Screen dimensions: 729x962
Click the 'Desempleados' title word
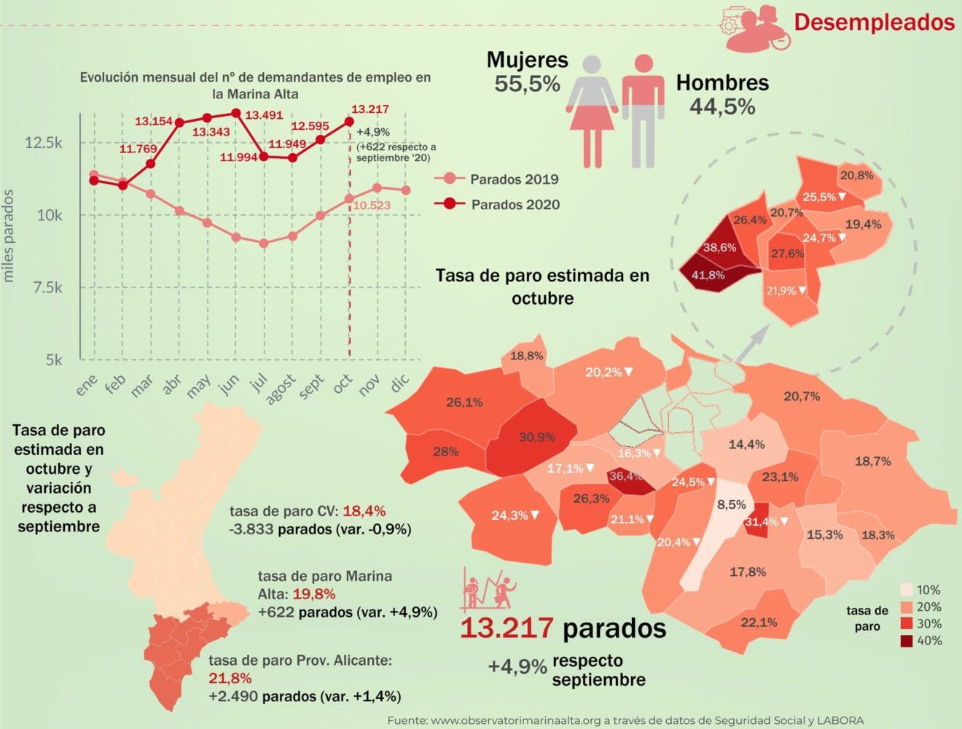874,23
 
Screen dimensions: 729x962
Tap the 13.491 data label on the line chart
264,115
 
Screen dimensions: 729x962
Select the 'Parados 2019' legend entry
514,179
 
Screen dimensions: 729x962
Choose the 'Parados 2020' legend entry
515,205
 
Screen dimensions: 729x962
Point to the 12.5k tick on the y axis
44,142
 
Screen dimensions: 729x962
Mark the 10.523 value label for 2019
372,206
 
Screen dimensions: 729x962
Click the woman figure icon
593,111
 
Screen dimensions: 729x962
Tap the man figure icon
643,111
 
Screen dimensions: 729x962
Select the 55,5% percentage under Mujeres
527,84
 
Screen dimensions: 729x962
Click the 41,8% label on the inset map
708,276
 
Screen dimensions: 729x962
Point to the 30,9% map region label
536,437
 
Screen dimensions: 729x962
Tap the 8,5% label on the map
731,504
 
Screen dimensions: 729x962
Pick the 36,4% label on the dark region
625,476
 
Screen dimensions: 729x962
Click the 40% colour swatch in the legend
906,641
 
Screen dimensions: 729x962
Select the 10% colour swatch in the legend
906,590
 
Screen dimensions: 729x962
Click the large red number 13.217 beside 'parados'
507,628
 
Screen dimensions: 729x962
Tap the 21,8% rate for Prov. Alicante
230,679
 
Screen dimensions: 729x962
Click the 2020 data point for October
349,122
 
